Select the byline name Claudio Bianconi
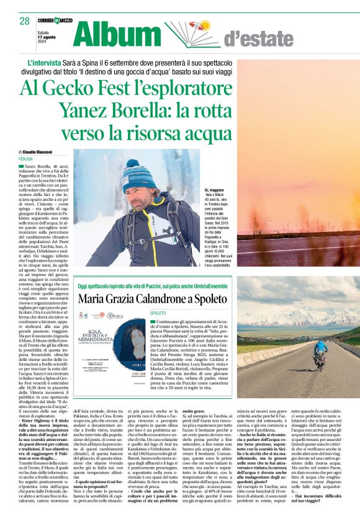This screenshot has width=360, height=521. point(38,151)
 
